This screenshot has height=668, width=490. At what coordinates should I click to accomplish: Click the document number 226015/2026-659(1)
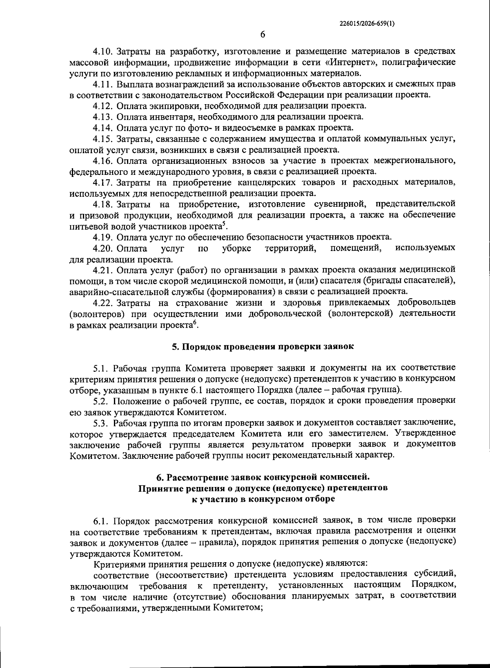coord(367,24)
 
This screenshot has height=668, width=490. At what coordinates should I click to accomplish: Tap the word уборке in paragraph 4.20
coord(237,248)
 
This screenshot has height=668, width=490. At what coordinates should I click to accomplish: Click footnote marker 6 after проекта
coord(195,323)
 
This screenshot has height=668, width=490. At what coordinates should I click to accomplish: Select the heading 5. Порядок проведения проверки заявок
coord(262,347)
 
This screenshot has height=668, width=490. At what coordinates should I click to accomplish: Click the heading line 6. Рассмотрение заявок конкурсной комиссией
coord(262,477)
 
